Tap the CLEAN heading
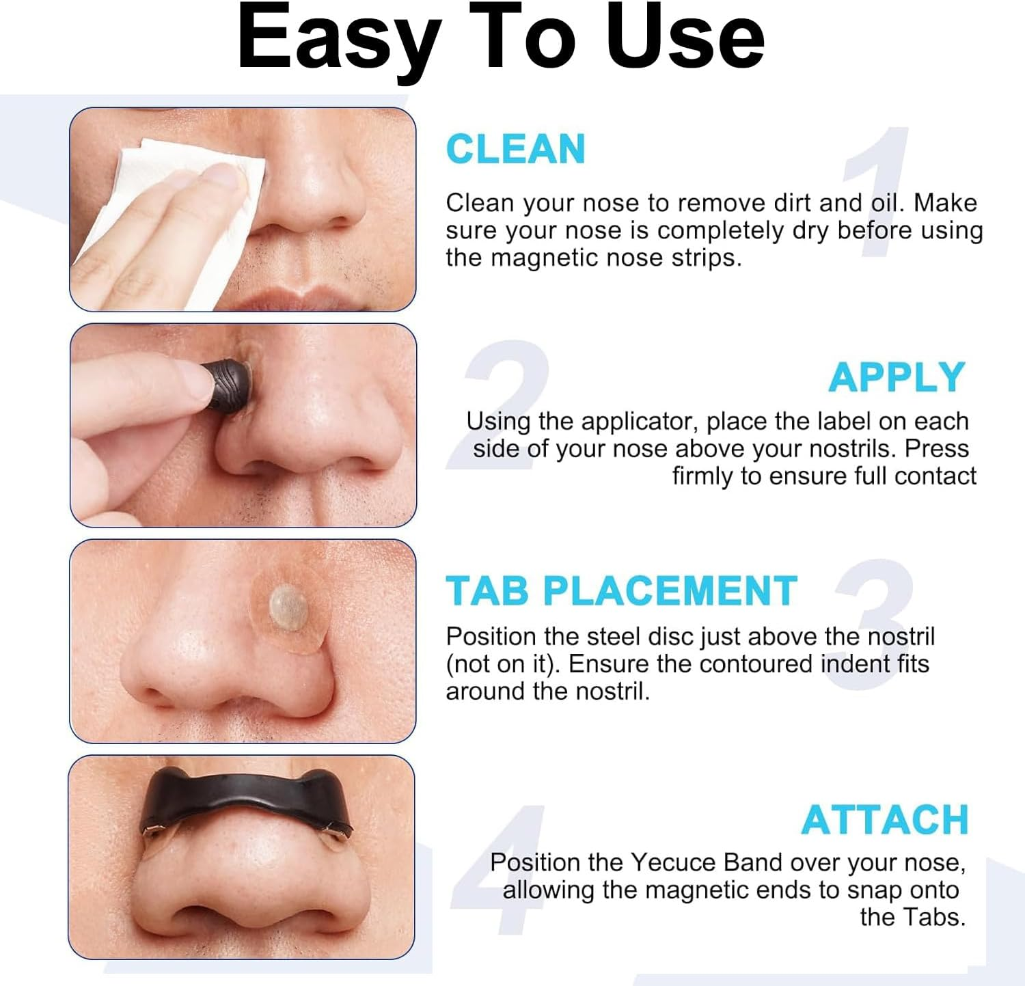coord(515,149)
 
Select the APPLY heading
coord(896,377)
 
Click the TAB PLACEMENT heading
coord(621,591)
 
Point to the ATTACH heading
coord(885,820)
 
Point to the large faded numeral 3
coord(875,622)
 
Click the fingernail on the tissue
coord(228,176)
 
